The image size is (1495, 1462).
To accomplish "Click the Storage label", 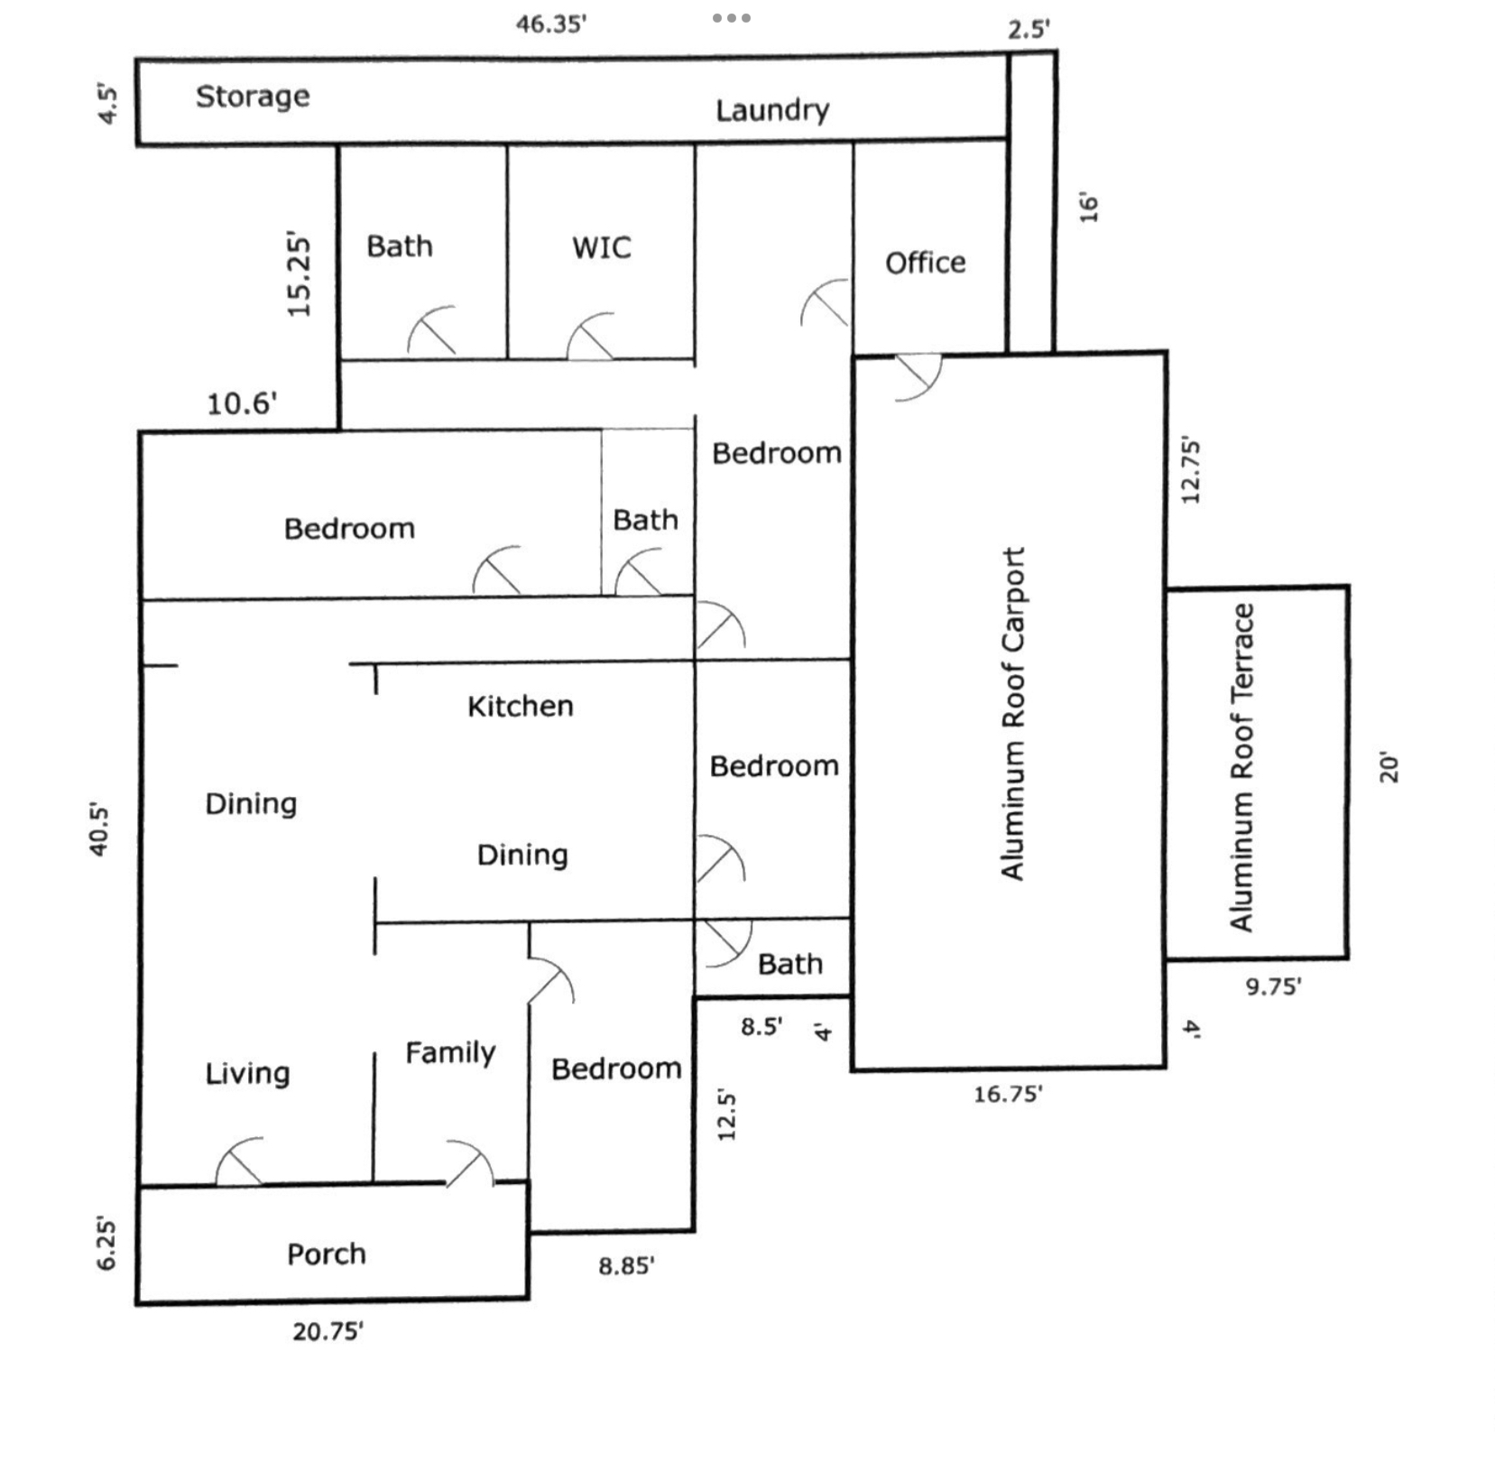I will coord(253,97).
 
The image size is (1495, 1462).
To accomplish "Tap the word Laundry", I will coord(772,110).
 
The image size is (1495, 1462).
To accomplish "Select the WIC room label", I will coord(602,247).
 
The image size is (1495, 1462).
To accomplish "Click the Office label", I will coord(925,263).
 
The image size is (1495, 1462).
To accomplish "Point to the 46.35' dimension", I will coord(551,24).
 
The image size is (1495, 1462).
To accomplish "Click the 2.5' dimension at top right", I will coord(1029,30).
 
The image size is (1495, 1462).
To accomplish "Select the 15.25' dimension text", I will coord(300,275).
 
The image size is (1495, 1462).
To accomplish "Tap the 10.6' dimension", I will coord(242,403).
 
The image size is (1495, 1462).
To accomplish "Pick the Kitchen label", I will coord(520,706).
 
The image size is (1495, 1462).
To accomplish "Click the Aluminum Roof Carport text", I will coord(1013,713).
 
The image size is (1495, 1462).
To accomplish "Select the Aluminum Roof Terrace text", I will coord(1242,767).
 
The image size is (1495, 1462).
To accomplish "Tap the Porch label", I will coord(327,1254).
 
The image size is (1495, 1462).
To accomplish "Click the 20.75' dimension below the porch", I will coord(328,1331).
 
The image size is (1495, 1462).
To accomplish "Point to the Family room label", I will coord(450,1052).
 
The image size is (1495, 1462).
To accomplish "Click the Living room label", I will coord(247,1073).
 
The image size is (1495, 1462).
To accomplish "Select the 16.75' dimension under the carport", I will coord(1008,1094).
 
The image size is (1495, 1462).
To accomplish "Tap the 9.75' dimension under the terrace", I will coord(1273,986).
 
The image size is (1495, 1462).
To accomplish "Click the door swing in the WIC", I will coord(591,338).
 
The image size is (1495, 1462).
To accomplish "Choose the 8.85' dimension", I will coord(626,1266).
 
